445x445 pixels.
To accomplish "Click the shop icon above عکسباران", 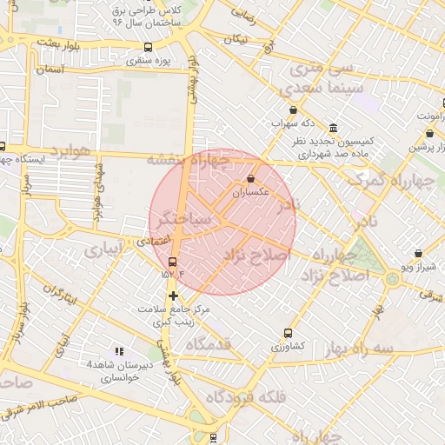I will coord(250,178).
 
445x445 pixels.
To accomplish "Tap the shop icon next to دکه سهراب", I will coord(293,110).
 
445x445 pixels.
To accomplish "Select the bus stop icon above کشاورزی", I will coord(288,332).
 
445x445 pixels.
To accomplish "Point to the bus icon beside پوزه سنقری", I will coord(148,47).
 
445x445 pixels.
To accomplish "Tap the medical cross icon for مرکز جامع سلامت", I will coord(173,296).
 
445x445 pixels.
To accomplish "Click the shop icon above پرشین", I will coord(430,134).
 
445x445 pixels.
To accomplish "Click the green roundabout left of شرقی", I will coord(392,278).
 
